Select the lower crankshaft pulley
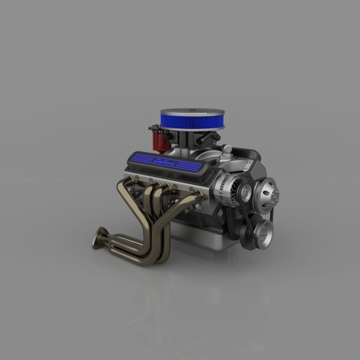point(262,232)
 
